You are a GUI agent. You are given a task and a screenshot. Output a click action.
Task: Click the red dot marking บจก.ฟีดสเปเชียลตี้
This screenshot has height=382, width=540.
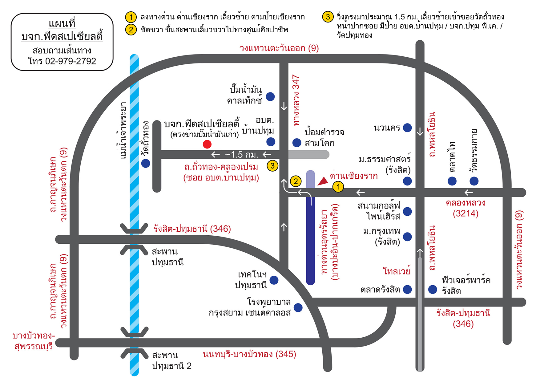point(207,144)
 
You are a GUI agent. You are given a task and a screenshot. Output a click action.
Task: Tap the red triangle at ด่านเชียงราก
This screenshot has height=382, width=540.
point(323,181)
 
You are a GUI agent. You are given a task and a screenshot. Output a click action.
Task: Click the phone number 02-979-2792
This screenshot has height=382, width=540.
point(71,61)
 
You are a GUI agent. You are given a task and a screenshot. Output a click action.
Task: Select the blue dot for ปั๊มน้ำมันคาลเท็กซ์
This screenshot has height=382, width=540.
point(270,96)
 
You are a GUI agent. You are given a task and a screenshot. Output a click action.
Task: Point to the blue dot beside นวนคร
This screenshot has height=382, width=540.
point(407,128)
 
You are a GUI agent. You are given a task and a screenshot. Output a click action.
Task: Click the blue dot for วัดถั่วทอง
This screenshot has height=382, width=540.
point(146,163)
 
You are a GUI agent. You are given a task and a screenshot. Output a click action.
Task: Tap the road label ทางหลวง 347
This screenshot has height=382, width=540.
point(296,100)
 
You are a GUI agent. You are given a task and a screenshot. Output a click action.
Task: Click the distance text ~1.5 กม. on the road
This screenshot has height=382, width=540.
point(241,154)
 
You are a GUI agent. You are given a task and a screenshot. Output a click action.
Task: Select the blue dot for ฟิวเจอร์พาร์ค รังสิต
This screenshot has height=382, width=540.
point(433,289)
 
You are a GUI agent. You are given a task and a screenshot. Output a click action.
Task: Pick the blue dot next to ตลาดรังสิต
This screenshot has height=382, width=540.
point(407,289)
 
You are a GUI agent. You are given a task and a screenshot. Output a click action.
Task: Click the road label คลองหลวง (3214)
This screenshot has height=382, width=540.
point(465,208)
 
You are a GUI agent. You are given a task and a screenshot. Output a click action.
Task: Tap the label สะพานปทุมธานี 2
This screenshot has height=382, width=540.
point(172,360)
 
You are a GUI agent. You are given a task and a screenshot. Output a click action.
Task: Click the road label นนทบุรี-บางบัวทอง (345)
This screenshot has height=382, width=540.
point(249,354)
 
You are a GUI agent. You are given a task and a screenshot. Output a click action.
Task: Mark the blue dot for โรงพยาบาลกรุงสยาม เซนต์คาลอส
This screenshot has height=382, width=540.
point(298,307)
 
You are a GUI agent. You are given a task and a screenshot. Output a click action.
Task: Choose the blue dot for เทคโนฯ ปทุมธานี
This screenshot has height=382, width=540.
point(274,280)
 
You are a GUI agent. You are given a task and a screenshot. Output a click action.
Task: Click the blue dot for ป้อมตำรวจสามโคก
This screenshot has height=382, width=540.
point(297,142)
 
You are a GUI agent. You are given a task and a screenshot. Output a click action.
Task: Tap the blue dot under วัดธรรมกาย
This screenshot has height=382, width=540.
point(474,181)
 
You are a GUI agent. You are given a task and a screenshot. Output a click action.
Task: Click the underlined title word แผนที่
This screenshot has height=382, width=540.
point(62,23)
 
